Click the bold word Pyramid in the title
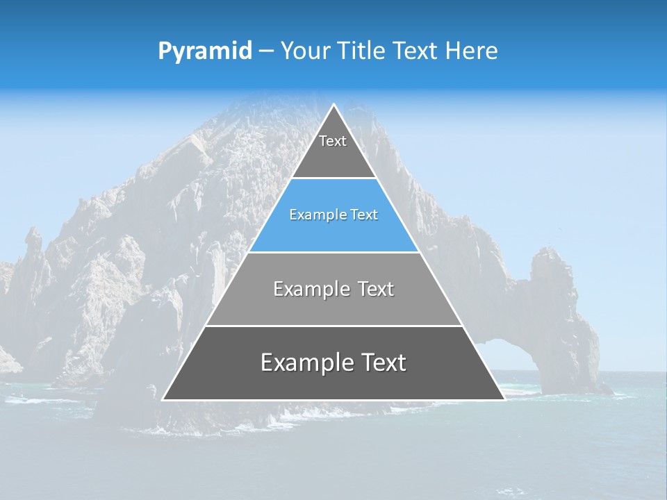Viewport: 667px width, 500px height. [x=205, y=51]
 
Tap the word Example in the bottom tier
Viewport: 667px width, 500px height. [x=302, y=362]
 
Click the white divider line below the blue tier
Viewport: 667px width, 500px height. [x=333, y=252]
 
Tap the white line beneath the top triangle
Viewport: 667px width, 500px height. [x=333, y=178]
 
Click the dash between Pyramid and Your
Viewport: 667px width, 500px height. [x=266, y=51]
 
